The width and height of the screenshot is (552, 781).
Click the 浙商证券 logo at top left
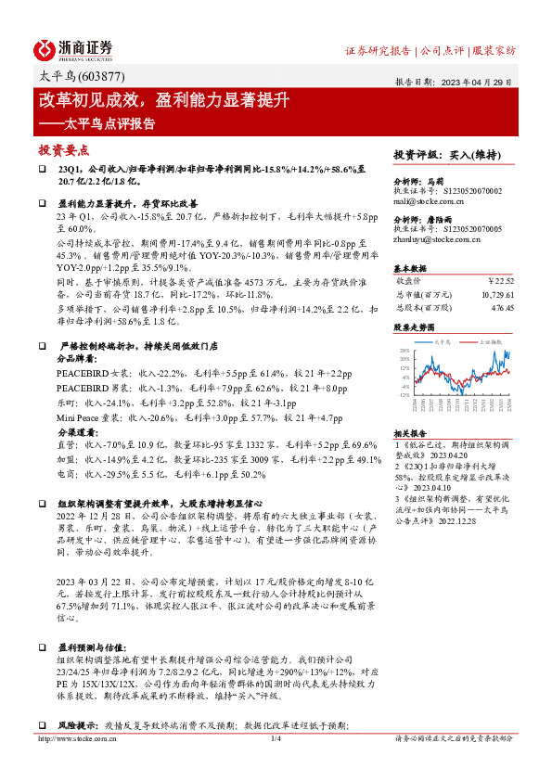coord(73,48)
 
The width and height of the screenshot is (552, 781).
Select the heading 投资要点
coord(64,150)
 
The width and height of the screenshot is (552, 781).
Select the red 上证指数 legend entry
coord(490,341)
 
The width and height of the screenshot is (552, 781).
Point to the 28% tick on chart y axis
coord(403,351)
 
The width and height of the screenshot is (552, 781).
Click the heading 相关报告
coord(409,433)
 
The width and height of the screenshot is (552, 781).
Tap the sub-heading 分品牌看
coord(76,356)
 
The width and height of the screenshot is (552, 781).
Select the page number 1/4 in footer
coord(275,738)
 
